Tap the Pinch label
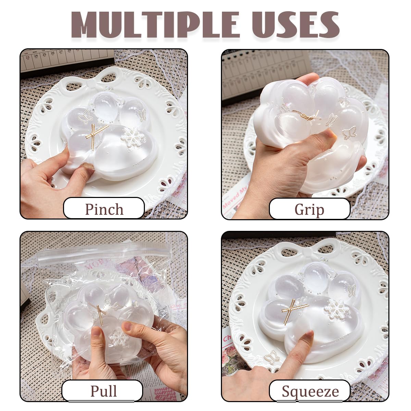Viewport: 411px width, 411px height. (x=104, y=209)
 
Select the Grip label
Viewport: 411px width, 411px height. (x=309, y=209)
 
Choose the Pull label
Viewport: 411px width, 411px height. (x=103, y=391)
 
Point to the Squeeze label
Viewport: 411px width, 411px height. (x=310, y=391)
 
